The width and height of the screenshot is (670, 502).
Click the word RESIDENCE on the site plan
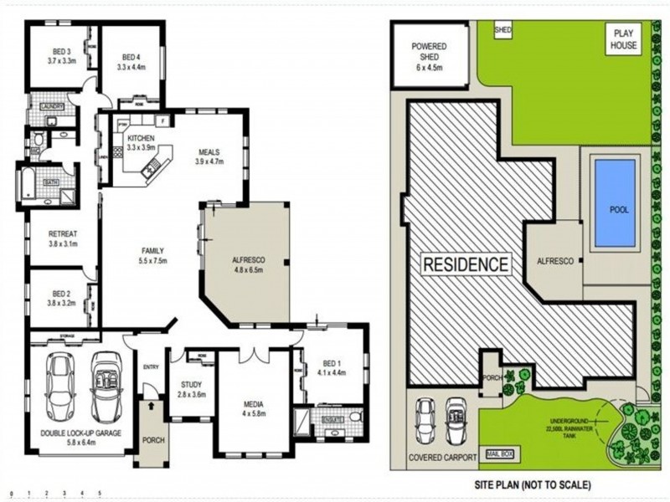465,265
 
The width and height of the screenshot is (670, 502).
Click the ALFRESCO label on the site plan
554,261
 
